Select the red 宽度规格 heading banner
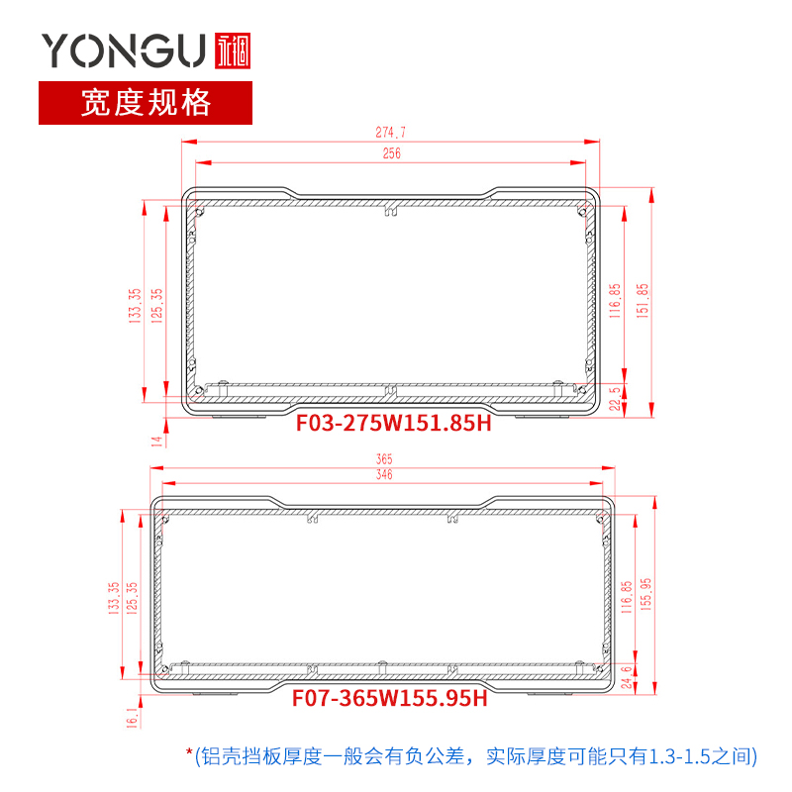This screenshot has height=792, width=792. [x=146, y=102]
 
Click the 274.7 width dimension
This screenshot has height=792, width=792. [x=391, y=132]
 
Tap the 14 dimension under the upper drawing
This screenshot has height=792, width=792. [x=156, y=441]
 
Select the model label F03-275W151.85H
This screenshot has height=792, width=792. [x=394, y=424]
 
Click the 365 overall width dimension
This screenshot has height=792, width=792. [x=384, y=458]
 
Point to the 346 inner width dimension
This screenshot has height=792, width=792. [x=384, y=476]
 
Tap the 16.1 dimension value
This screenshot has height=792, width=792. [x=132, y=717]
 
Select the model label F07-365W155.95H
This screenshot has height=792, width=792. [x=389, y=699]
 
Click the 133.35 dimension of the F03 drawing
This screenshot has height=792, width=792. [x=136, y=306]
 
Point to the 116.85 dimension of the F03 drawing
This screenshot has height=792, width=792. [x=615, y=301]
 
